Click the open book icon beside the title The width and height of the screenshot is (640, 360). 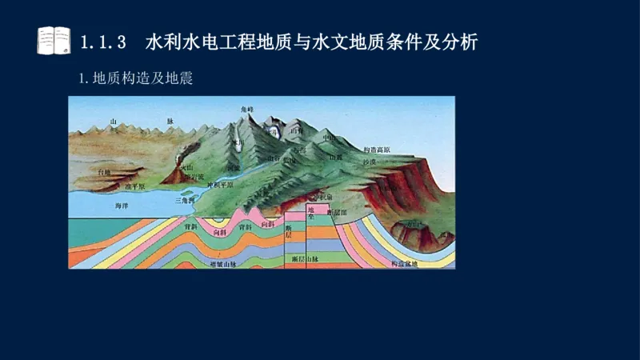54,40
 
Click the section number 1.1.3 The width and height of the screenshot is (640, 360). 104,42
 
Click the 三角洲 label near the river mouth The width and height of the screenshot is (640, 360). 185,201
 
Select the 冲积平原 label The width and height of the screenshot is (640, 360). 220,184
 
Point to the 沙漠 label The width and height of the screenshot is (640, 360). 369,162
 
